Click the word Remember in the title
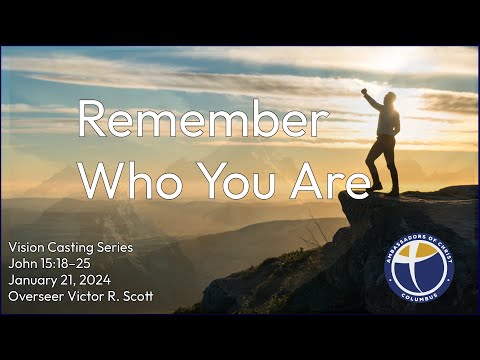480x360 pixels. [x=202, y=122]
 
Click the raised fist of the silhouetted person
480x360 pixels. [x=365, y=92]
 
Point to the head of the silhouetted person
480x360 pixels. [x=388, y=100]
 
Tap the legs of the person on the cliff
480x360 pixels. [x=382, y=165]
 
